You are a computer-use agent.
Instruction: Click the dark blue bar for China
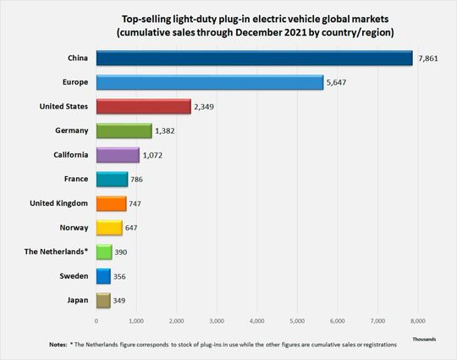point(254,58)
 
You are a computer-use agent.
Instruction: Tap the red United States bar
point(143,107)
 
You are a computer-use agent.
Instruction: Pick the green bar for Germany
point(124,131)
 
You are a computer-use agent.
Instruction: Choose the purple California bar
point(118,155)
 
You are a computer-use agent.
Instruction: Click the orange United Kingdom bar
point(111,203)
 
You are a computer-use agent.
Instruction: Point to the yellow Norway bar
point(109,228)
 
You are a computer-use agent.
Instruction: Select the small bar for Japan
point(103,300)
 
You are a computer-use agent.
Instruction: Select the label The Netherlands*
point(56,252)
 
